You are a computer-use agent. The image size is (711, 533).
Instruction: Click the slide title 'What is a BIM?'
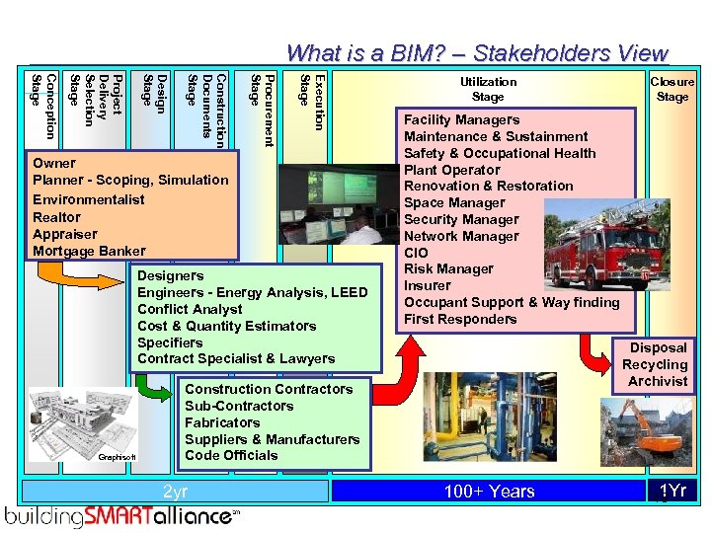click(477, 53)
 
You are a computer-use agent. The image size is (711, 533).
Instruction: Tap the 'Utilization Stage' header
click(488, 90)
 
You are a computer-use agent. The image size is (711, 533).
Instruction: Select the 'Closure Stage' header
click(672, 90)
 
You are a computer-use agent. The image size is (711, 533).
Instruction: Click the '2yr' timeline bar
click(174, 492)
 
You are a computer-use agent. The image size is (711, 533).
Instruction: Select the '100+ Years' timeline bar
click(489, 492)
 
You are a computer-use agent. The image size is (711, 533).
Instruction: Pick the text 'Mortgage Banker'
click(89, 251)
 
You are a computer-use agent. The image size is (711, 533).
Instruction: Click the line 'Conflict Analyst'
click(190, 309)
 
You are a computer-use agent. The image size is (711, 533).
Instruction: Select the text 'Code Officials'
click(231, 455)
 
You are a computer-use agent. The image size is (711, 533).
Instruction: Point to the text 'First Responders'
click(460, 319)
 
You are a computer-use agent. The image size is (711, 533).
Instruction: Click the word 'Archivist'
click(658, 381)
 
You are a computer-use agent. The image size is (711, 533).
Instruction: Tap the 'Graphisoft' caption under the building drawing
click(118, 457)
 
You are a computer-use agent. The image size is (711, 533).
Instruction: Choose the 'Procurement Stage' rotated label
click(262, 109)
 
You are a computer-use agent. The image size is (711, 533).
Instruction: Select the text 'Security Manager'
click(461, 219)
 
